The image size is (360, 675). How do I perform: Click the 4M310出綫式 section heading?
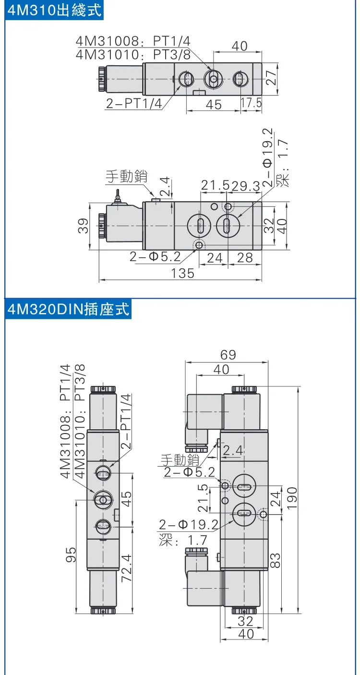coord(54,10)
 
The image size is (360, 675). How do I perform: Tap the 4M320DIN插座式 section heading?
coord(68,309)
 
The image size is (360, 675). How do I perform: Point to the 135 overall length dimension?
coord(182,273)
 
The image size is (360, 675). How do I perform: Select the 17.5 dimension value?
coord(251,103)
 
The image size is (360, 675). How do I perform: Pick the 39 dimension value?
coord(83,226)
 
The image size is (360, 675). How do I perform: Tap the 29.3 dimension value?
coord(246,186)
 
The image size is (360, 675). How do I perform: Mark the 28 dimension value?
coord(245,258)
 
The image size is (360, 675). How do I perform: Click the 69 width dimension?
coord(228,355)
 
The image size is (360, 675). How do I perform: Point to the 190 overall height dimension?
coord(292,499)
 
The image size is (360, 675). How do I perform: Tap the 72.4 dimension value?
coord(127,568)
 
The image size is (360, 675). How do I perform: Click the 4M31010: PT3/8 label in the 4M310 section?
coord(133,55)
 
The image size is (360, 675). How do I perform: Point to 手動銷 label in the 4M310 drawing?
coord(127,176)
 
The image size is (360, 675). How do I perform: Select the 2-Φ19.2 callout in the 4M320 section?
coord(189,525)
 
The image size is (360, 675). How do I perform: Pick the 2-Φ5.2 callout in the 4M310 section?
coord(155,257)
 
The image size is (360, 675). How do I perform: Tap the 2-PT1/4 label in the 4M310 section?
coord(134,104)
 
